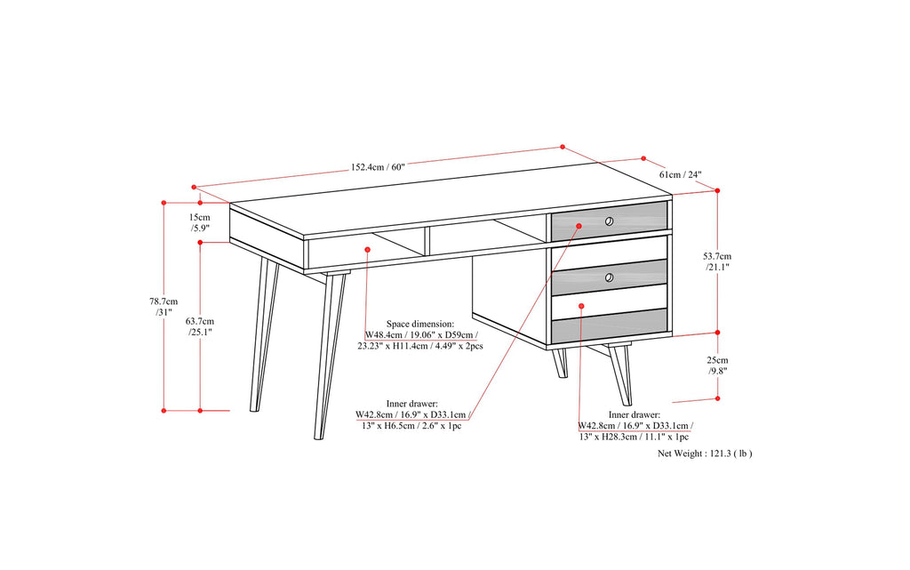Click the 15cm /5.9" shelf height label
[200, 222]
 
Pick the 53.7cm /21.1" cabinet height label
[716, 261]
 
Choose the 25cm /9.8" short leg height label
[716, 365]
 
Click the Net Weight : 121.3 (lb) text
[705, 453]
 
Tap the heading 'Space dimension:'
[419, 325]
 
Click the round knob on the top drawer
[609, 221]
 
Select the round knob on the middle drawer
[609, 279]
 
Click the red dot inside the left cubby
[367, 250]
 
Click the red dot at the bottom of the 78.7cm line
[164, 411]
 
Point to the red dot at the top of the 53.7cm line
[717, 189]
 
